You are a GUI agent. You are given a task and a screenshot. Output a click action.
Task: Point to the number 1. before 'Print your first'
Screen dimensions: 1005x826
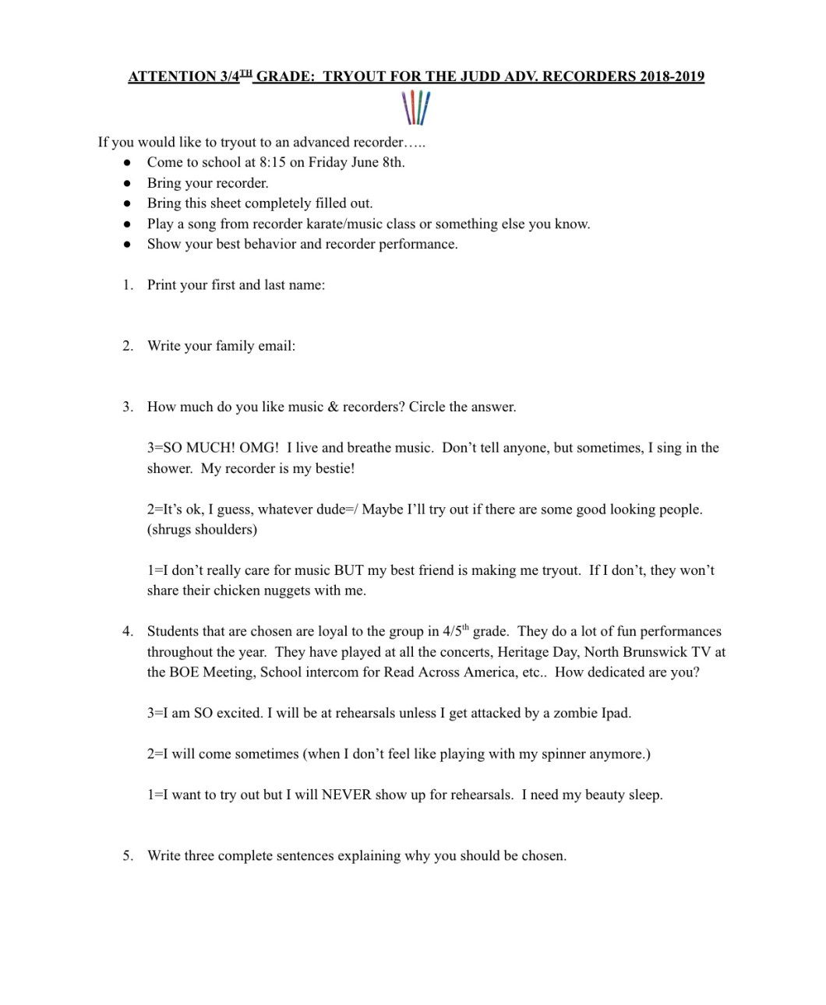[x=128, y=285]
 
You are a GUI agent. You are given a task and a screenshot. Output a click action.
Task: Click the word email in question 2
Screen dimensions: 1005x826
[x=277, y=346]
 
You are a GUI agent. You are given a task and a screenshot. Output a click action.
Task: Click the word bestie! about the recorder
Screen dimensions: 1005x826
[x=331, y=468]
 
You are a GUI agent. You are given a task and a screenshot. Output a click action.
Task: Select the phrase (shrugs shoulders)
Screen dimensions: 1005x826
[x=202, y=530]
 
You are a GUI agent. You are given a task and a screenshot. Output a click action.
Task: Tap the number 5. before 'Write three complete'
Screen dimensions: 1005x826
[x=128, y=855]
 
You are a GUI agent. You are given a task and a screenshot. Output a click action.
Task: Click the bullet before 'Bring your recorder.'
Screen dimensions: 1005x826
[x=128, y=183]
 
